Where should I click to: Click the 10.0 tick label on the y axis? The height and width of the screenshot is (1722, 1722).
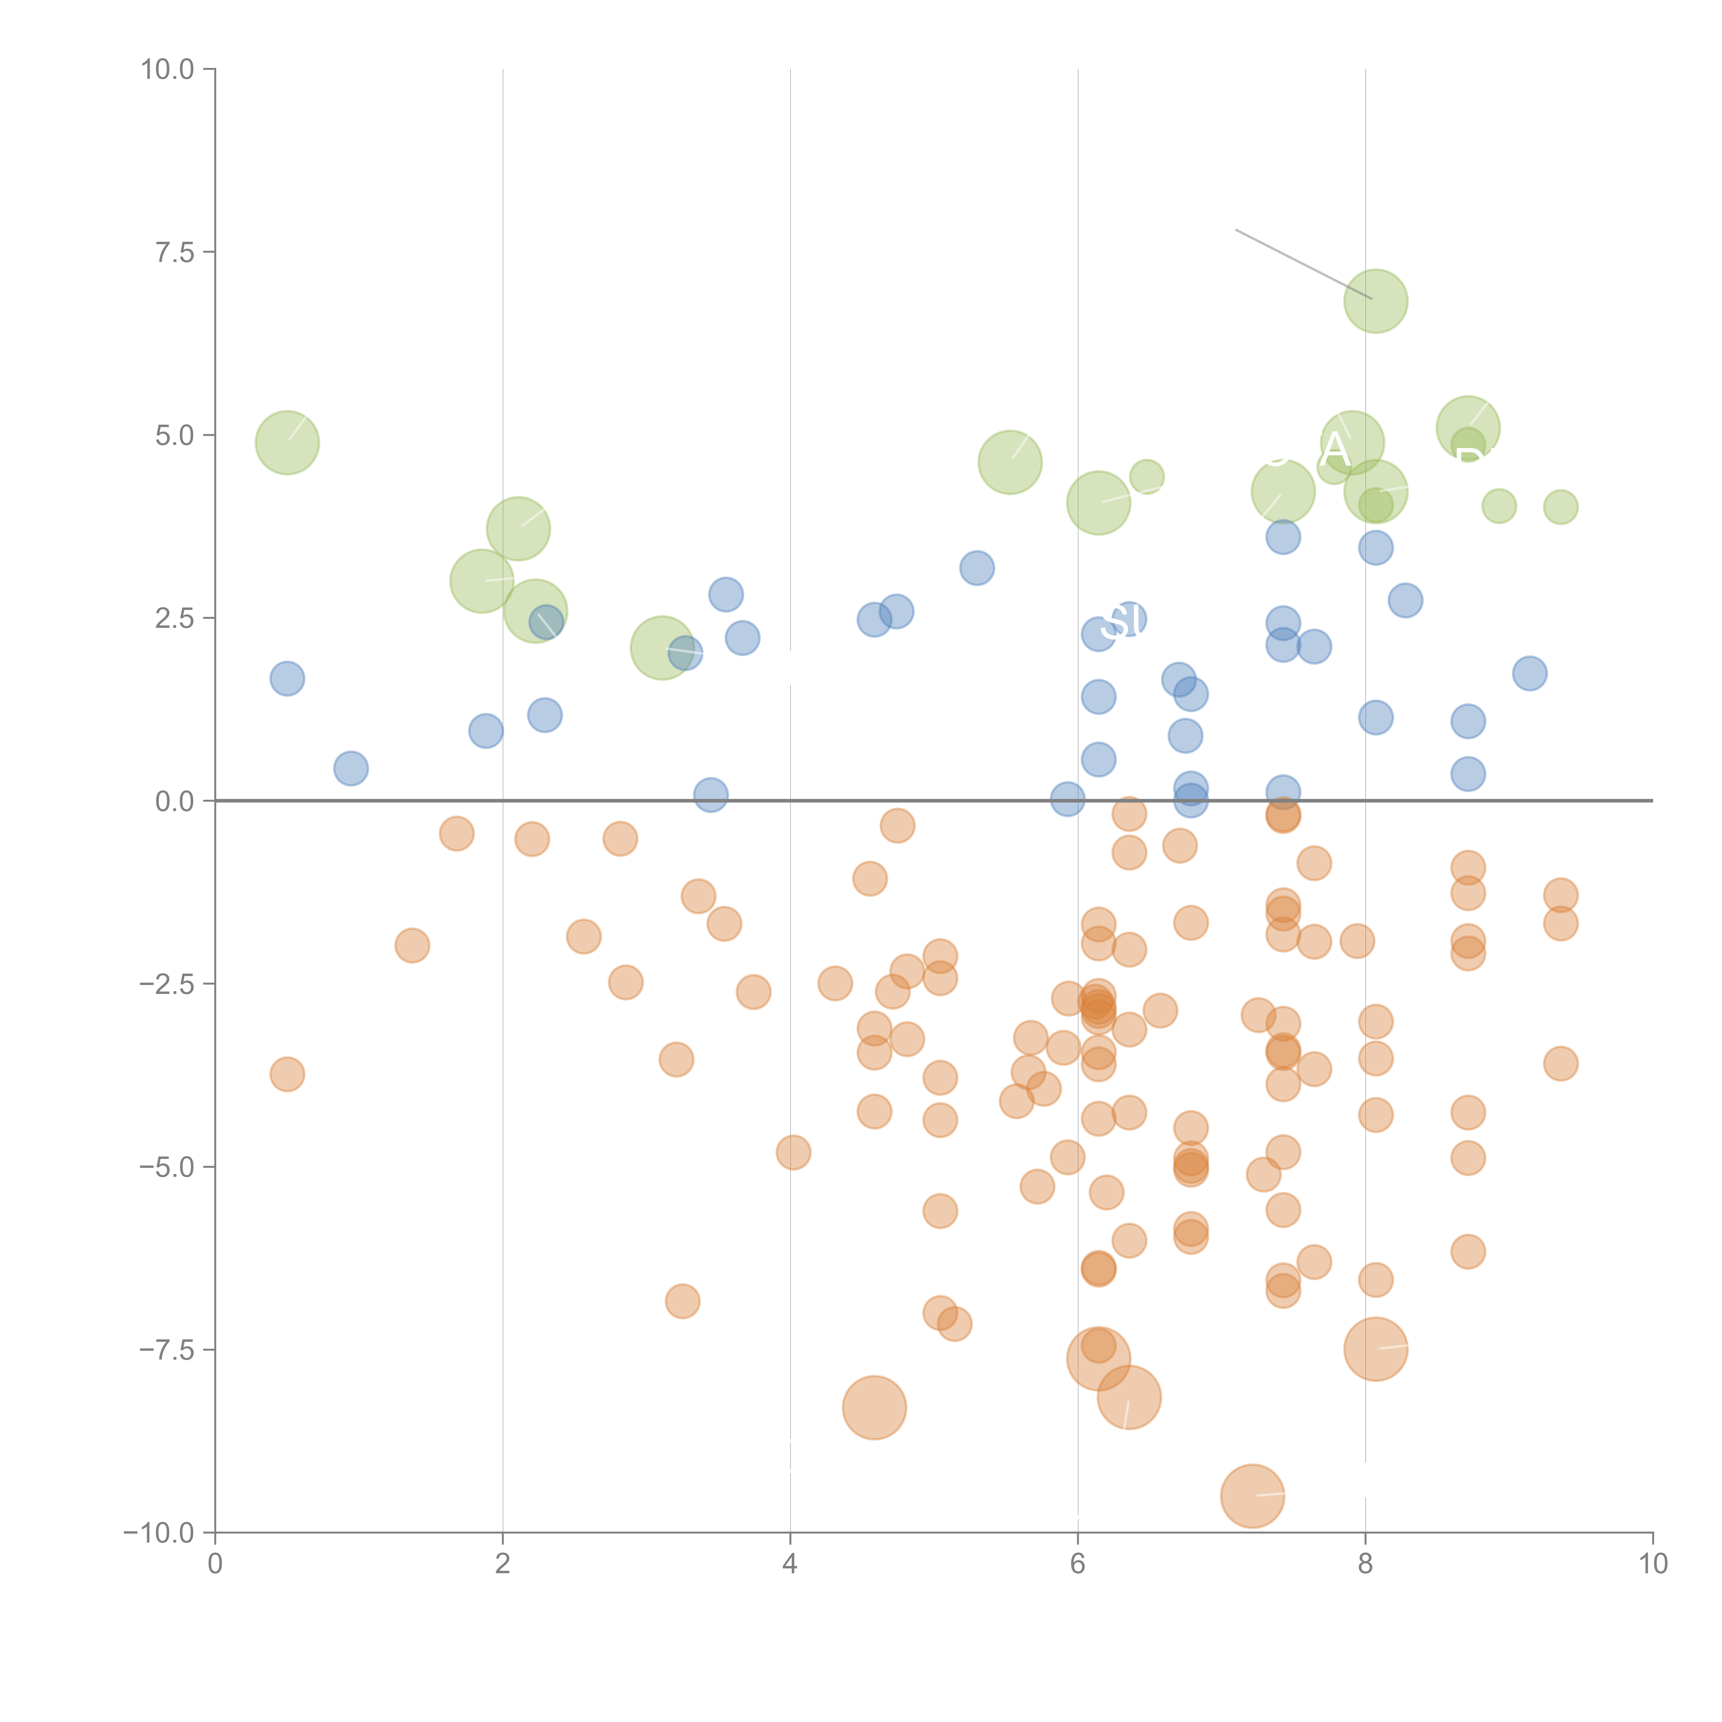coord(168,70)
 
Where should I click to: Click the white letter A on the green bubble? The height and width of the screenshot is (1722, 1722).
coord(1334,451)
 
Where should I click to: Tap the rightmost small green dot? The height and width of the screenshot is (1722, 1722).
coord(1560,507)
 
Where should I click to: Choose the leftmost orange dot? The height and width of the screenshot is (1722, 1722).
coord(287,1074)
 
